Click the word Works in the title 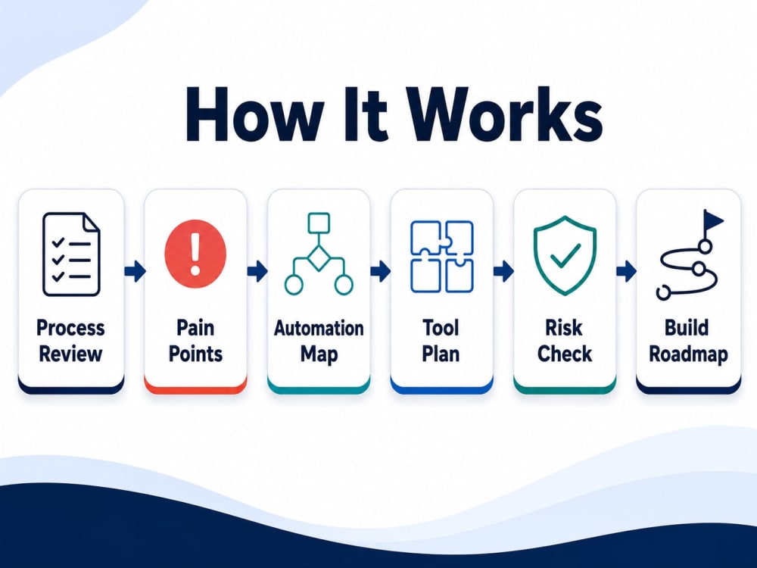tap(507, 114)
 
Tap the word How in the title tap(254, 114)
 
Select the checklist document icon tap(71, 254)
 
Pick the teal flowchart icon tap(319, 254)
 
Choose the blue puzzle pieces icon tap(442, 257)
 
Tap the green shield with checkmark tap(565, 255)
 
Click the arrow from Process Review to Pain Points tap(135, 271)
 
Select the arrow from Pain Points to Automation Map tap(257, 271)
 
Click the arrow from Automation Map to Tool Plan tap(381, 271)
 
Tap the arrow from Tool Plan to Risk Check tap(503, 271)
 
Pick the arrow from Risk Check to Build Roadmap tap(626, 271)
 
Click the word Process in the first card tap(70, 327)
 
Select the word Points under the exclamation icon tap(195, 354)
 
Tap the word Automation tap(319, 328)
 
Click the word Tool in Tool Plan tap(441, 327)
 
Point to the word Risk tap(564, 327)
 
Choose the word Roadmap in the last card tap(688, 354)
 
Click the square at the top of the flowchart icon tap(319, 223)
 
